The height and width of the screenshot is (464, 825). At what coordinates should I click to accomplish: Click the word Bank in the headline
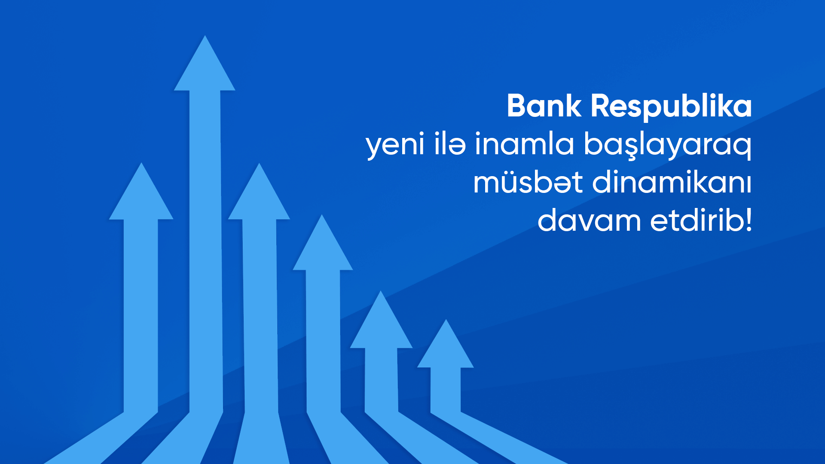pos(544,106)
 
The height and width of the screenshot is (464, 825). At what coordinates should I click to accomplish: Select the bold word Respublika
pos(671,107)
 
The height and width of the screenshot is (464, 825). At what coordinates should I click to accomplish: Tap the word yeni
pos(395,144)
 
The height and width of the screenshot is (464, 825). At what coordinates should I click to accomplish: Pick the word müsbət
pos(528,182)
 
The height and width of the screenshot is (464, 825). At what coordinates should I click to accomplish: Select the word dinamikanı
pos(672,182)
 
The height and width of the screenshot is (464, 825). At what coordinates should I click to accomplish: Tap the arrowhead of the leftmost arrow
pos(141,195)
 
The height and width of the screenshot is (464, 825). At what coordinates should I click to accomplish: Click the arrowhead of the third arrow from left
pos(259,195)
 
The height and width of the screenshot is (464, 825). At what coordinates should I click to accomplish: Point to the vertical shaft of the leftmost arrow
pos(141,314)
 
